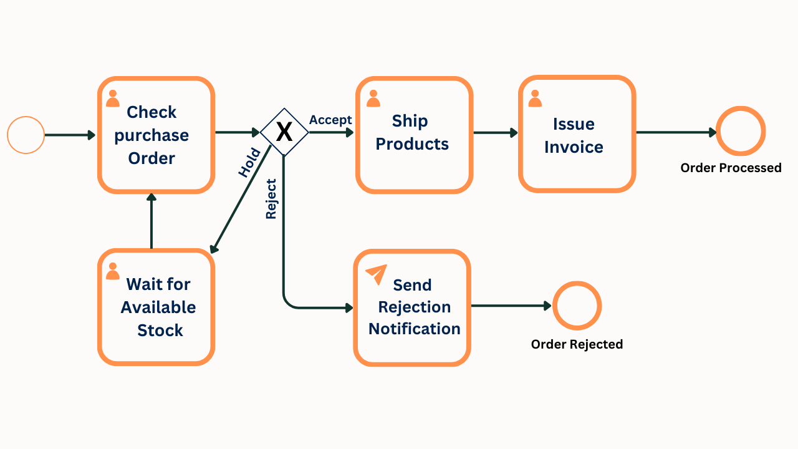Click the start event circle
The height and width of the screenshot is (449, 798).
click(26, 135)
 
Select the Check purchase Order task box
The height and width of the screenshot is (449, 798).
click(156, 135)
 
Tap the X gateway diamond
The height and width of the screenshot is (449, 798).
click(284, 132)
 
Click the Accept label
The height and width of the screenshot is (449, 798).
click(330, 120)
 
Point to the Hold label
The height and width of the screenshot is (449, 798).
click(249, 163)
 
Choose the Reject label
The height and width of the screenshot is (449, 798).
click(271, 199)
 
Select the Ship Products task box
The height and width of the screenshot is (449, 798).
click(414, 135)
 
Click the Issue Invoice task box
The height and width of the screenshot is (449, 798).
click(577, 135)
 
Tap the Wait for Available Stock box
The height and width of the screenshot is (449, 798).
click(156, 307)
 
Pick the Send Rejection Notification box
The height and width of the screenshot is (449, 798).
click(412, 307)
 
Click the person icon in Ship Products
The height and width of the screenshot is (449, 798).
click(373, 99)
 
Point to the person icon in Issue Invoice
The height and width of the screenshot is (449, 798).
click(535, 99)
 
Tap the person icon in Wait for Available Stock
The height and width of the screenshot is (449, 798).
click(113, 271)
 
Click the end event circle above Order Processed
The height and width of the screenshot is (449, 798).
click(741, 132)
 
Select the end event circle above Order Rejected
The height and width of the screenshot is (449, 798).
click(577, 306)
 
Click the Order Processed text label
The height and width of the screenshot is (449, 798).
click(731, 168)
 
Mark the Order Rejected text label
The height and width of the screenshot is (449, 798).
click(577, 344)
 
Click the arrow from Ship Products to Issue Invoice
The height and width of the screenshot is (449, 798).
click(495, 132)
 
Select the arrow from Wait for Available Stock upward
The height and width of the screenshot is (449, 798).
click(151, 221)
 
